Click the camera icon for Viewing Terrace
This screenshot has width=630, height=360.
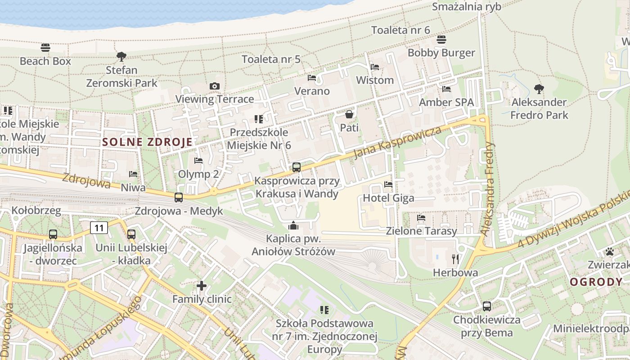click(x=215, y=86)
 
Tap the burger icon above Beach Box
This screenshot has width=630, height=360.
click(x=45, y=48)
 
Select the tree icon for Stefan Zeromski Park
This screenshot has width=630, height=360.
click(x=121, y=56)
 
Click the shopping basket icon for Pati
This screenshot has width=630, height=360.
click(x=349, y=114)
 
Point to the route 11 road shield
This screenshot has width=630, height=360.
click(x=99, y=228)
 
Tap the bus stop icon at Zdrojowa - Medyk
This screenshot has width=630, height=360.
click(x=179, y=198)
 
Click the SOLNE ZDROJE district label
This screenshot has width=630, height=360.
click(x=147, y=142)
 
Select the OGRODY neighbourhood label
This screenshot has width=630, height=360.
click(x=596, y=282)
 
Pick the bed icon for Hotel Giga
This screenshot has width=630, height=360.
click(x=388, y=184)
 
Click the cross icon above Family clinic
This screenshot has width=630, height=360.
click(x=202, y=285)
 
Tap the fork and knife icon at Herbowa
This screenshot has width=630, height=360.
click(x=455, y=259)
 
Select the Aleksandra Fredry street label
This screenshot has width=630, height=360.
click(x=488, y=189)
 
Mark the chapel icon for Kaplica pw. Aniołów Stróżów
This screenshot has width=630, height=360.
click(x=293, y=225)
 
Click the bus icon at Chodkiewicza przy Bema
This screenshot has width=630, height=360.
click(x=486, y=306)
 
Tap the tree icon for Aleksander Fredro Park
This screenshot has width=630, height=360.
click(x=539, y=89)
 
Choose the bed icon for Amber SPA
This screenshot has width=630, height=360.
click(x=446, y=89)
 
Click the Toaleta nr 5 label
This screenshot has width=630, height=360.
click(x=271, y=59)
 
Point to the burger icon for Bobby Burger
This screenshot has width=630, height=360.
click(x=441, y=40)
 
